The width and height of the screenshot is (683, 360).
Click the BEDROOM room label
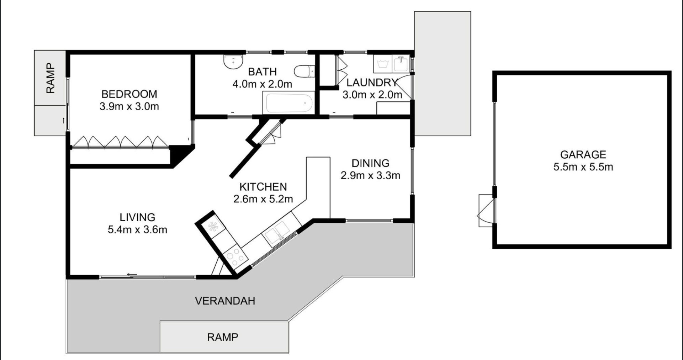click(129, 94)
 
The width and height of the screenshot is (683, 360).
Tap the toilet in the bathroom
click(304, 71)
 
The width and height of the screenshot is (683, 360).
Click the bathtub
click(288, 103)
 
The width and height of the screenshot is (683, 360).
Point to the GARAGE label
click(583, 154)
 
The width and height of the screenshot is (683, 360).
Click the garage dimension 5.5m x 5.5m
click(583, 167)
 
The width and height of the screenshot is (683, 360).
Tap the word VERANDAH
click(225, 301)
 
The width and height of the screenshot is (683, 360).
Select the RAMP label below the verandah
click(223, 337)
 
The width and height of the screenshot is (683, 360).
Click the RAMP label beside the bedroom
click(51, 78)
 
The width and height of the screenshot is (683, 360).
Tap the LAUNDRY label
click(372, 83)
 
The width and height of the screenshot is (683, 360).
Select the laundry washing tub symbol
click(383, 64)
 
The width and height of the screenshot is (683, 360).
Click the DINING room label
click(370, 163)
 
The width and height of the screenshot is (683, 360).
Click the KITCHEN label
click(263, 187)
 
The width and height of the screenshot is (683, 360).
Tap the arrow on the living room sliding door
click(132, 274)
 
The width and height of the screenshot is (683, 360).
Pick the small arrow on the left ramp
click(64, 120)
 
